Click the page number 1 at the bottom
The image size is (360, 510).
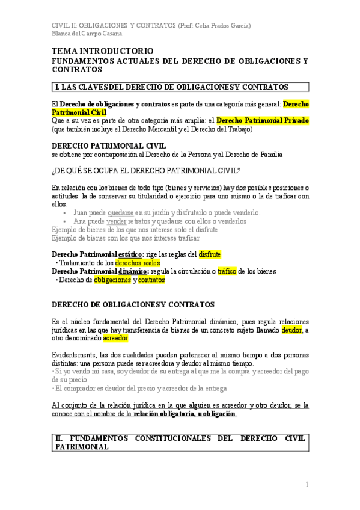307,484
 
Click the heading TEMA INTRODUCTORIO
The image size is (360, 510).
103,51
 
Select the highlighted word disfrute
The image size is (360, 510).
210,254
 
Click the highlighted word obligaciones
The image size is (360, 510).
112,280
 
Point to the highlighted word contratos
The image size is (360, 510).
151,280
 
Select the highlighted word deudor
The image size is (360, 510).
291,330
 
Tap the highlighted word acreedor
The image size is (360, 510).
116,338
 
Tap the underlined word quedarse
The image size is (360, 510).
121,212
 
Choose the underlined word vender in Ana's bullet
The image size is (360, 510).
116,221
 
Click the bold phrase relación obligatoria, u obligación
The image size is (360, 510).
185,414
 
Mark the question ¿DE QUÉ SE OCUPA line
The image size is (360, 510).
146,170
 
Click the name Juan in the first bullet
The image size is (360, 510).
81,212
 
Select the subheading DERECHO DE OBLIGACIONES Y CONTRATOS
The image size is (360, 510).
133,305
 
